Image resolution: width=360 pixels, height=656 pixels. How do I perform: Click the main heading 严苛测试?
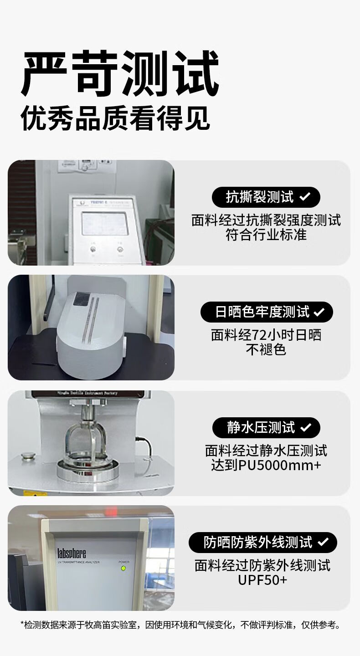(x=120, y=73)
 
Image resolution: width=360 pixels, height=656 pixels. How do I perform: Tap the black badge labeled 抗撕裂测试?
(x=266, y=197)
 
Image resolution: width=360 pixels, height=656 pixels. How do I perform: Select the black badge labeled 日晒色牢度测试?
(x=267, y=312)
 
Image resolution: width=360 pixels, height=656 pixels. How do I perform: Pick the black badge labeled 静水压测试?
(x=266, y=427)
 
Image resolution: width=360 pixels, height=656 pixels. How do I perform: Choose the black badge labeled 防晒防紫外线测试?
(x=263, y=542)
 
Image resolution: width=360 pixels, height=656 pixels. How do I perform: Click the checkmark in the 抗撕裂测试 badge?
(x=305, y=197)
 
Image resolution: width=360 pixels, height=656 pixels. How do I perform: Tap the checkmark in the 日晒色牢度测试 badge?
(x=319, y=312)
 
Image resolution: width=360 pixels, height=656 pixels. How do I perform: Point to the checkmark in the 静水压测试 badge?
(x=305, y=427)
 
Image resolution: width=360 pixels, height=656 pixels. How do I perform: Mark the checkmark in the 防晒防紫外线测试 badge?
(x=323, y=542)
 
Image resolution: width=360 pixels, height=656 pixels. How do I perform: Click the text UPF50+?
(x=262, y=580)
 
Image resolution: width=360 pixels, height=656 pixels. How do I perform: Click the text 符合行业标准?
(x=266, y=235)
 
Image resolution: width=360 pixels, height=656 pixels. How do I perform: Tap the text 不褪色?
(x=266, y=350)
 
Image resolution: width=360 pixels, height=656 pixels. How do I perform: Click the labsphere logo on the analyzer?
(x=72, y=553)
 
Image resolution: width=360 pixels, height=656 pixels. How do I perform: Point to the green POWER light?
(x=123, y=568)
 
